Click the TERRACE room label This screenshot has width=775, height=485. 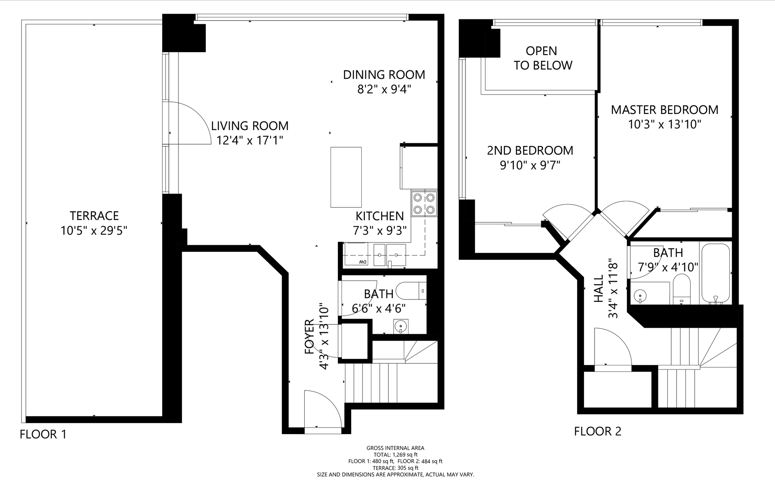pyautogui.click(x=94, y=216)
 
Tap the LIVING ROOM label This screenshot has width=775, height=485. pyautogui.click(x=250, y=126)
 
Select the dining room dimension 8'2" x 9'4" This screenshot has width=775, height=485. pyautogui.click(x=384, y=89)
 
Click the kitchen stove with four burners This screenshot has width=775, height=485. pyautogui.click(x=424, y=204)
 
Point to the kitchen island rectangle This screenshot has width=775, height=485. pyautogui.click(x=346, y=177)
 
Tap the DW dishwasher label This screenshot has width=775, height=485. pyautogui.click(x=363, y=262)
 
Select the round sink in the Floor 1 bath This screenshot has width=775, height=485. pyautogui.click(x=400, y=326)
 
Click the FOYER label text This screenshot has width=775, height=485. pyautogui.click(x=310, y=337)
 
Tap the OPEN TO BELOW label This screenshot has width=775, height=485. pyautogui.click(x=542, y=58)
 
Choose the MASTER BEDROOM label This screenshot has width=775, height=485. pyautogui.click(x=664, y=110)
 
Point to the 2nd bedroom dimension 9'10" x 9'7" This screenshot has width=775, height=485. pyautogui.click(x=530, y=165)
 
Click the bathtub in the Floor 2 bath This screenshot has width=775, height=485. pyautogui.click(x=716, y=273)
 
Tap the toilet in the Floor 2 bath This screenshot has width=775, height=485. pyautogui.click(x=682, y=289)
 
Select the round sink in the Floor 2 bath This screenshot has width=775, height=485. pyautogui.click(x=640, y=295)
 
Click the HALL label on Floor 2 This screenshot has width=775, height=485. pyautogui.click(x=599, y=289)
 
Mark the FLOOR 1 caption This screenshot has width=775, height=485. pyautogui.click(x=43, y=434)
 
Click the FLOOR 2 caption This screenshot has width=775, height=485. pyautogui.click(x=598, y=431)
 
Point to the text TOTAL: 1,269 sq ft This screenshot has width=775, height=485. pyautogui.click(x=395, y=454)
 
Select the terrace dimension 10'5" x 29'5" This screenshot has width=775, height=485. pyautogui.click(x=94, y=231)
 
